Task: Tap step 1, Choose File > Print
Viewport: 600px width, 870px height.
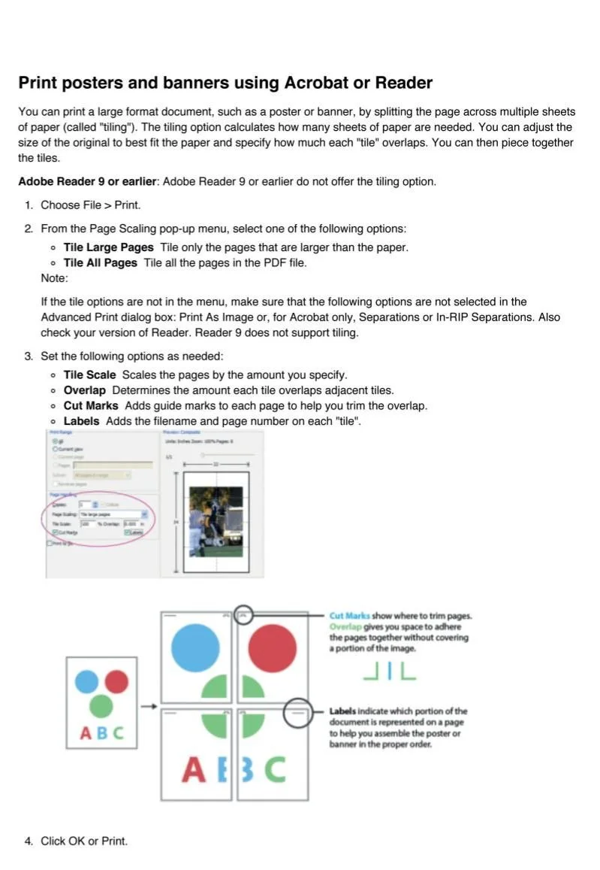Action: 90,205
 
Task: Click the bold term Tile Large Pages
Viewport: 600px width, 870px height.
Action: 108,247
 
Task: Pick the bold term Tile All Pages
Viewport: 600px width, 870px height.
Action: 100,262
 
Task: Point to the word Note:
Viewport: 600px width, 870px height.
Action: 54,278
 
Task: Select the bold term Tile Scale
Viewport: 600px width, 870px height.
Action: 89,374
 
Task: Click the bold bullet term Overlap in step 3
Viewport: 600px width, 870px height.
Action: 84,390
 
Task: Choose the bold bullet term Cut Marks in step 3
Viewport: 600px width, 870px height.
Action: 90,406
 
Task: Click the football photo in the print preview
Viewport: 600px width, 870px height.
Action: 216,520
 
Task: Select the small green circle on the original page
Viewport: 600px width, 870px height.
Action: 101,706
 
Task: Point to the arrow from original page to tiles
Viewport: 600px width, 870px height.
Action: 149,706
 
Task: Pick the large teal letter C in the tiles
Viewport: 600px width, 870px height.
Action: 275,769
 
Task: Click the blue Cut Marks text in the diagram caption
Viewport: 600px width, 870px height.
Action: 349,616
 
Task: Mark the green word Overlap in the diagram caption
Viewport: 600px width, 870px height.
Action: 345,626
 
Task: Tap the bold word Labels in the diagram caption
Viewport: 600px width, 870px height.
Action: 342,711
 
